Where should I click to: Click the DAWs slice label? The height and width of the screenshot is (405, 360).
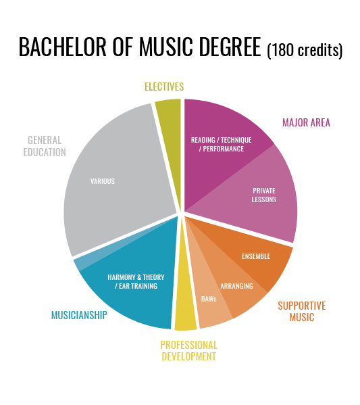[x=209, y=299]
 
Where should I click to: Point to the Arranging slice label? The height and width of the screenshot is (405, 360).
[x=236, y=286]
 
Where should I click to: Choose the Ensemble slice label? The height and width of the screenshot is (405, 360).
[x=256, y=256]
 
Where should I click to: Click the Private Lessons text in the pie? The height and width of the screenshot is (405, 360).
[x=264, y=195]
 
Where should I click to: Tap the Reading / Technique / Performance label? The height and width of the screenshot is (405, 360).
[x=221, y=145]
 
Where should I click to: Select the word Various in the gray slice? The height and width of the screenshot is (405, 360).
[x=103, y=181]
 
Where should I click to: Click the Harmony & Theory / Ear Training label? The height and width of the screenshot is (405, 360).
[x=136, y=281]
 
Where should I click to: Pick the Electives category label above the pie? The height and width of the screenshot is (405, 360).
[x=164, y=87]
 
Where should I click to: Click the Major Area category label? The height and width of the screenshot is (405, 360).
[x=307, y=122]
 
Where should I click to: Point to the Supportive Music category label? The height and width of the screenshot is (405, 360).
[x=302, y=311]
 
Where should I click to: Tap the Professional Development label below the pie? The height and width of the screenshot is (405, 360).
[x=188, y=350]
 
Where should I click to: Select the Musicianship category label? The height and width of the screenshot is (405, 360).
[x=79, y=315]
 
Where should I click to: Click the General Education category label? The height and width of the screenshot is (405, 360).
[x=45, y=146]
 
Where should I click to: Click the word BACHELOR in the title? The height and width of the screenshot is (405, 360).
[x=62, y=47]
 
